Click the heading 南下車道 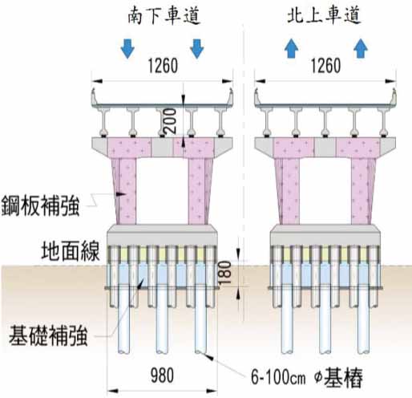click(x=164, y=16)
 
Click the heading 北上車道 click(x=325, y=15)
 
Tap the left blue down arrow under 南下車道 click(x=127, y=48)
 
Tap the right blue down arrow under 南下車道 click(x=197, y=48)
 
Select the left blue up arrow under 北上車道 click(x=291, y=48)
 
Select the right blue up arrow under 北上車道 click(x=361, y=48)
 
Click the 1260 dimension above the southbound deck click(x=163, y=66)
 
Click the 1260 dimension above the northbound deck click(x=326, y=66)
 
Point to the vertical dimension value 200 click(x=171, y=120)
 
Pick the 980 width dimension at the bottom click(x=162, y=375)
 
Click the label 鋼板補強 click(x=41, y=206)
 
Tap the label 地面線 click(x=71, y=251)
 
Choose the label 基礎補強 click(x=48, y=335)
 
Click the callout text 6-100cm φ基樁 click(x=307, y=377)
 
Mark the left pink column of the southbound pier click(x=125, y=191)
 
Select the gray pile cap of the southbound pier click(x=162, y=235)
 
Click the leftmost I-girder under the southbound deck click(x=104, y=122)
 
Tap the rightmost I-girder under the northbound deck click(x=384, y=122)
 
